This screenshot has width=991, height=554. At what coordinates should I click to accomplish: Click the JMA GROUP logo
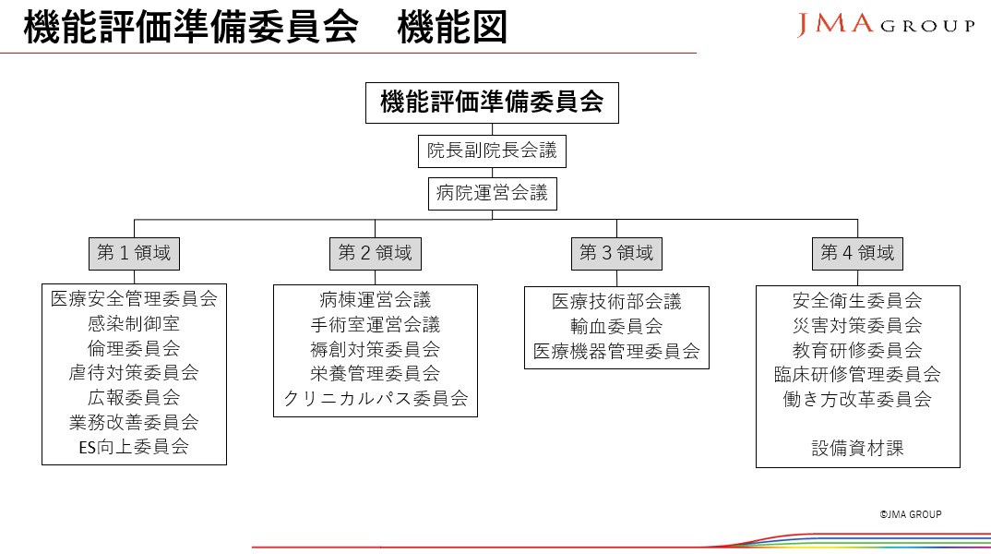[x=886, y=25]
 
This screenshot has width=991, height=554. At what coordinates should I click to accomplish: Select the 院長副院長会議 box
[x=492, y=151]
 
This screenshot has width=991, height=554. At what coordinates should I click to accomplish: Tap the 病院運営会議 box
[x=493, y=194]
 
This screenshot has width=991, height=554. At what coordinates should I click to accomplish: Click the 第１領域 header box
[x=134, y=254]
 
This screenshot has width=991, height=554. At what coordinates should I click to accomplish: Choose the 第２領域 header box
[x=376, y=254]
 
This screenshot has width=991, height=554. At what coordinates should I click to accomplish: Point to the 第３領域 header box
[x=616, y=254]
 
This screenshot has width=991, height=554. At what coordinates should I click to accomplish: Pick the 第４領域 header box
[x=857, y=254]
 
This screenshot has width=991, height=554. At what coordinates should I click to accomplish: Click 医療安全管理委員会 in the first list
[x=134, y=298]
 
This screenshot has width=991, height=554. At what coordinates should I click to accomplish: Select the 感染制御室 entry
[x=134, y=323]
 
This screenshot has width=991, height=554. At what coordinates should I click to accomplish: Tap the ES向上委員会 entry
[x=134, y=447]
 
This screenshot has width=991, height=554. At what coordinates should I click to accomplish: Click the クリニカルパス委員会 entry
[x=376, y=399]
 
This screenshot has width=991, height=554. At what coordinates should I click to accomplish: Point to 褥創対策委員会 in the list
[x=376, y=349]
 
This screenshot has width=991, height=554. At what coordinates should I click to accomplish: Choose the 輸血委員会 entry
[x=616, y=326]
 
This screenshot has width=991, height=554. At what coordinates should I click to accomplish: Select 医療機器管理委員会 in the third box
[x=616, y=351]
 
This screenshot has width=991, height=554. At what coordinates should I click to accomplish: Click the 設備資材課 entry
[x=857, y=449]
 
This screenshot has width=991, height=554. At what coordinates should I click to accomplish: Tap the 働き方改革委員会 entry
[x=857, y=399]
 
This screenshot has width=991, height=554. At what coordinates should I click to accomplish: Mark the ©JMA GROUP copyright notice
[x=911, y=514]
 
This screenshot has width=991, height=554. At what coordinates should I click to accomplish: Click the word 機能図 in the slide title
[x=452, y=28]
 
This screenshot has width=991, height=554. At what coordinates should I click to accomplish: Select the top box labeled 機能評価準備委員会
[x=493, y=102]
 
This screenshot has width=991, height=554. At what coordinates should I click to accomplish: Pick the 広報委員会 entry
[x=134, y=397]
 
